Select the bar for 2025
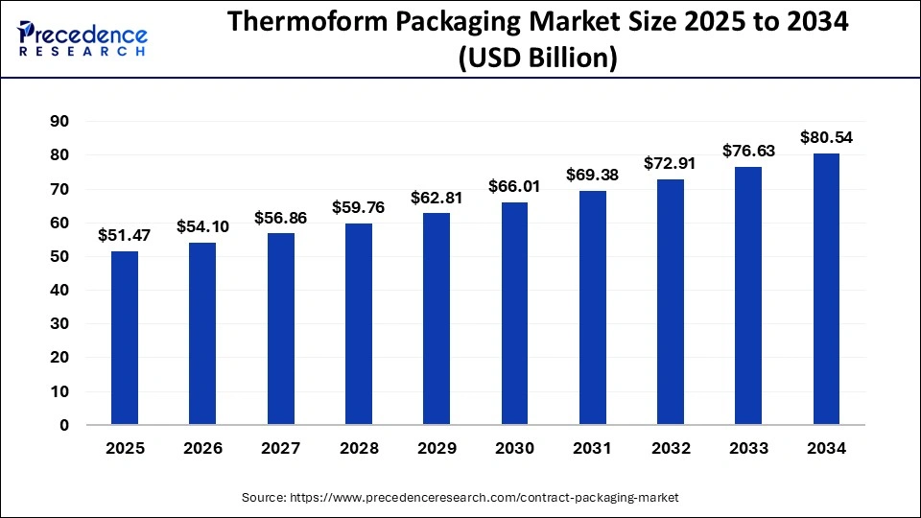tap(125, 338)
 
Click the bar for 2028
tap(359, 323)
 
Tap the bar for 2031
tap(593, 307)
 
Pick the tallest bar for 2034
tap(826, 289)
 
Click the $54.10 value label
tap(202, 226)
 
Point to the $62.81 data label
tap(437, 197)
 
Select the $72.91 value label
tap(671, 163)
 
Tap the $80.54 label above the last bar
tap(826, 137)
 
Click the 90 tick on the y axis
tap(59, 121)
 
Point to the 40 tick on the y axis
tap(59, 290)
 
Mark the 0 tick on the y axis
tap(64, 425)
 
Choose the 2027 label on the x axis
tap(280, 448)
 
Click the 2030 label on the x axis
tap(514, 448)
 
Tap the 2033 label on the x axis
tap(748, 448)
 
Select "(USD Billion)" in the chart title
tap(537, 59)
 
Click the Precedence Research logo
tap(83, 38)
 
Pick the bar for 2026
tap(202, 333)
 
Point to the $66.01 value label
tap(514, 186)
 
